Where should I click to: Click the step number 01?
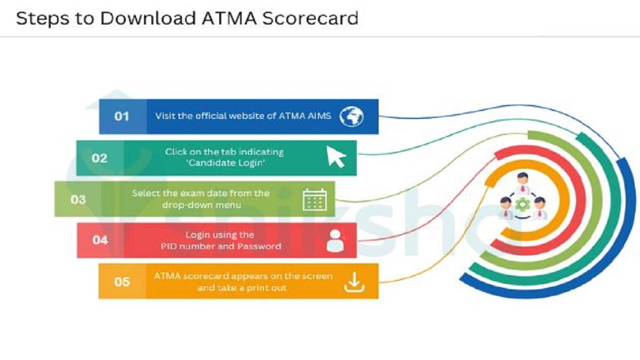(122, 116)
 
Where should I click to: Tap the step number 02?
(99, 158)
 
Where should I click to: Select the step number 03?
(78, 199)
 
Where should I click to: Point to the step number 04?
(100, 240)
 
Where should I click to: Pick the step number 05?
(122, 281)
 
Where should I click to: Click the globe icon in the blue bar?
(351, 116)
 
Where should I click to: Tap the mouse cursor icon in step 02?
(336, 157)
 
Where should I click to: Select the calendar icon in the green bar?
(315, 199)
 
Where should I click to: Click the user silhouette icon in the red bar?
(335, 241)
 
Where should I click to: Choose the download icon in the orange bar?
(353, 282)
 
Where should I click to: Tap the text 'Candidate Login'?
(225, 163)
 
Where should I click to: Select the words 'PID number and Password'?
(221, 246)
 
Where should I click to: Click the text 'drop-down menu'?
(201, 205)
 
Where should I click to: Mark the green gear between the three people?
(521, 203)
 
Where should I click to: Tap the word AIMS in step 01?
(318, 116)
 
